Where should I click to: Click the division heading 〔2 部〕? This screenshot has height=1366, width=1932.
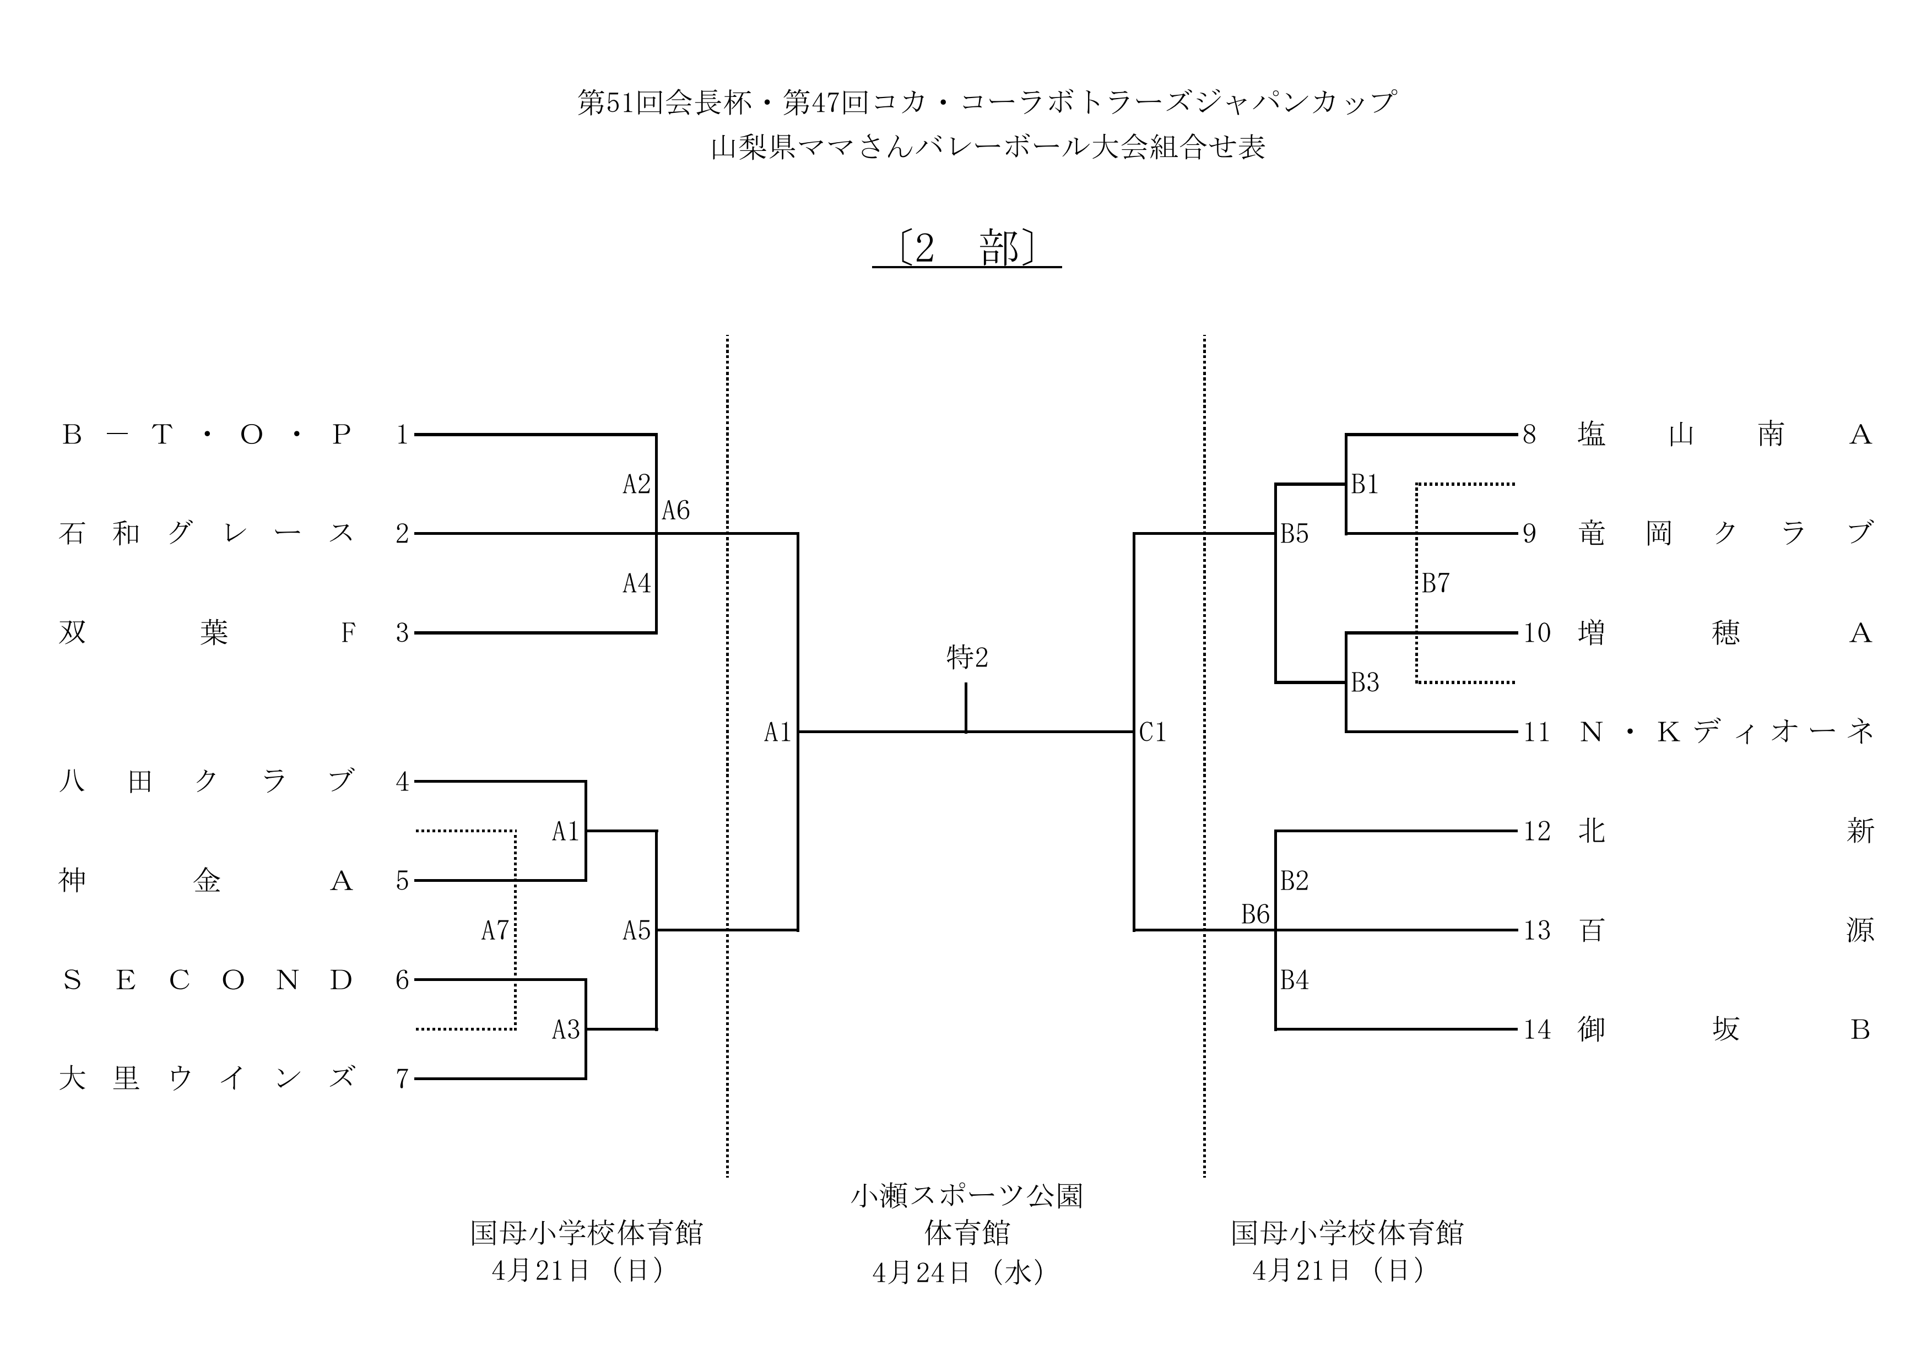click(x=966, y=249)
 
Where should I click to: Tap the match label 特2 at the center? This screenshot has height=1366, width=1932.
click(x=966, y=657)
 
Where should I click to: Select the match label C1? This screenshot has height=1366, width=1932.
click(x=1152, y=733)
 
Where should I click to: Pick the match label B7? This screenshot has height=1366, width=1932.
click(x=1436, y=583)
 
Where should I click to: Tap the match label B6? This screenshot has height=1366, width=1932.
click(x=1254, y=914)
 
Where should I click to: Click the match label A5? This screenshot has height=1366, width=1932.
click(x=636, y=930)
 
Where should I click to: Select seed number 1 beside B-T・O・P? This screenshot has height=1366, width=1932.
click(x=402, y=435)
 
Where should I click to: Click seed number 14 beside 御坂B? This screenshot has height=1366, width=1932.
click(x=1536, y=1029)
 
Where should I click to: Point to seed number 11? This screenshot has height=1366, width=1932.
click(x=1536, y=733)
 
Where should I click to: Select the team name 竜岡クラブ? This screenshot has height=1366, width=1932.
click(x=1725, y=533)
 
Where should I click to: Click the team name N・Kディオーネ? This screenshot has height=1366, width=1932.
click(x=1725, y=733)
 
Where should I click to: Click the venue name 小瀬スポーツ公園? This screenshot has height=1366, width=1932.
click(x=966, y=1196)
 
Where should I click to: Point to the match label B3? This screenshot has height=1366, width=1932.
click(x=1365, y=683)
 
